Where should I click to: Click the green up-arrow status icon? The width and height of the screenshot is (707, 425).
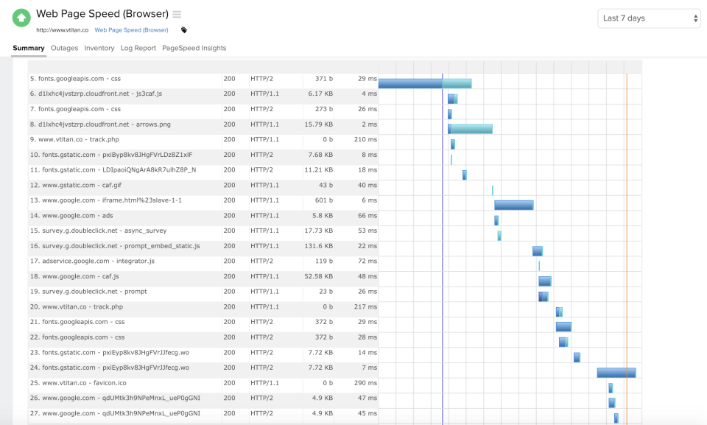point(21,18)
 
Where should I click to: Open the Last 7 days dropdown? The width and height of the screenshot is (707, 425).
point(649,18)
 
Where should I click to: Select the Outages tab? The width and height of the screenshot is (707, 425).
point(64,48)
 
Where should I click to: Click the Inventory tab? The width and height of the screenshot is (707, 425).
point(99,48)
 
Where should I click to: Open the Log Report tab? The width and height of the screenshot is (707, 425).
point(138,48)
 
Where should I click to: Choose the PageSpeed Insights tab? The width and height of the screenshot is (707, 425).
point(194,48)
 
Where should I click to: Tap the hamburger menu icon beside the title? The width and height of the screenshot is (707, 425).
point(177,15)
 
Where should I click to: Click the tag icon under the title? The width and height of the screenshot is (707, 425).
point(183,30)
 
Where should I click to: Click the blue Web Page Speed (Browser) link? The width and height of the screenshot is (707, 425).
point(131,30)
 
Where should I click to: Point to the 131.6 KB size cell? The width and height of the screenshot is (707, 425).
point(318,246)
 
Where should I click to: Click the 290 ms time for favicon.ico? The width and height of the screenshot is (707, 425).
point(365,383)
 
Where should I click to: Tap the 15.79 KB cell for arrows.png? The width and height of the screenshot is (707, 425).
point(319,124)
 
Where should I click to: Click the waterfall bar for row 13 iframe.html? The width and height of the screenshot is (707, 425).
point(513,205)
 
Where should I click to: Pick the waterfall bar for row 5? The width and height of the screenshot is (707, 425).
point(424,83)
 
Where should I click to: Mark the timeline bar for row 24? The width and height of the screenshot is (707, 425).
point(616,372)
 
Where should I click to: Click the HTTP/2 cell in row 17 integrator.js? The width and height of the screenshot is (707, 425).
point(261,261)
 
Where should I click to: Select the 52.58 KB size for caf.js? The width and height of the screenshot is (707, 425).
point(318,276)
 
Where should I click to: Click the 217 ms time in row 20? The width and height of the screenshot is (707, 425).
point(365,307)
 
